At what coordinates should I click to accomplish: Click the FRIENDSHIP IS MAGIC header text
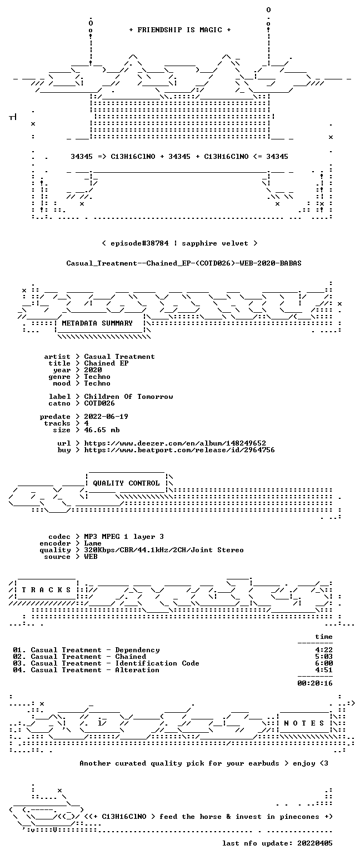[x=180, y=30]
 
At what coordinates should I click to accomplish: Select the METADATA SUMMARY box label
[x=97, y=323]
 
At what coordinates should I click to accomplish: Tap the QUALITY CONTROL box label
[x=126, y=483]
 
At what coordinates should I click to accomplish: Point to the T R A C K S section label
[x=47, y=589]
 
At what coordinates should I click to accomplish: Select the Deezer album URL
[x=175, y=443]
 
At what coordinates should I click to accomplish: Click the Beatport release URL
[x=179, y=450]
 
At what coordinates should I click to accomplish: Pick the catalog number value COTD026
[x=99, y=403]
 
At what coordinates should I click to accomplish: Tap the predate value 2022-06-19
[x=106, y=417]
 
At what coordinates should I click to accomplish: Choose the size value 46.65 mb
[x=102, y=430]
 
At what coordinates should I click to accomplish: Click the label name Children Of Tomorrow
[x=128, y=397]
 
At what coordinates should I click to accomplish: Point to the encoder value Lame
[x=93, y=543]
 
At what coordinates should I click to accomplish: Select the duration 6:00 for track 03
[x=324, y=663]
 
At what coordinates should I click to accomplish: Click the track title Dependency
[x=137, y=650]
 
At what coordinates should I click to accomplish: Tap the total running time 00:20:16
[x=314, y=683]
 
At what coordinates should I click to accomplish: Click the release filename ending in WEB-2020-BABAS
[x=184, y=263]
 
